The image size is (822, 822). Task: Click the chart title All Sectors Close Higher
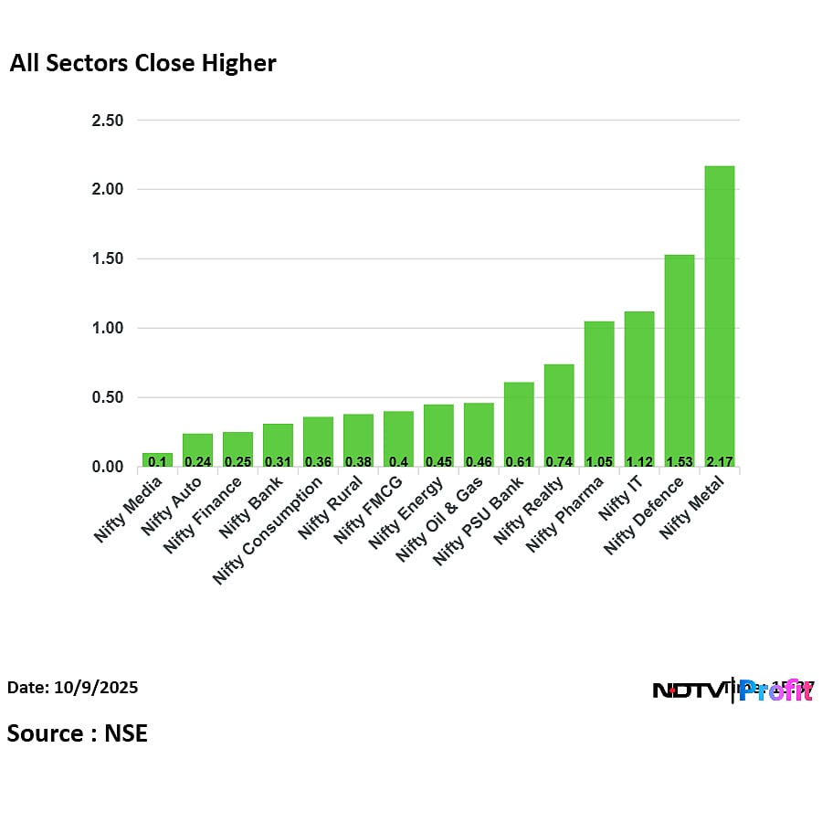pos(142,64)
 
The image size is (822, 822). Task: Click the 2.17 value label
pos(720,461)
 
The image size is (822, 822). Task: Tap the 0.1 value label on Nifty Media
pos(157,461)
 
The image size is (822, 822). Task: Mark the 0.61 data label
pos(519,461)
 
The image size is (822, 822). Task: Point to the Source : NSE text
pos(78,732)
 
